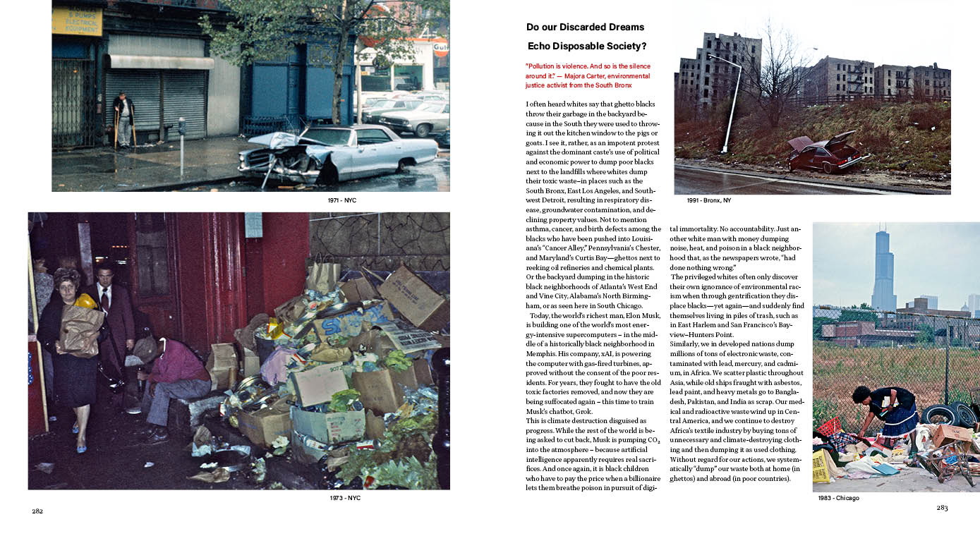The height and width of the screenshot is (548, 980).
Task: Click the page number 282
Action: (37, 511)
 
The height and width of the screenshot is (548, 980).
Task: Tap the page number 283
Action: (943, 508)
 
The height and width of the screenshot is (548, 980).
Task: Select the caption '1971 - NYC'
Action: (342, 200)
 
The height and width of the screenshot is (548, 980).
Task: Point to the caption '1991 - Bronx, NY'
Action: (708, 200)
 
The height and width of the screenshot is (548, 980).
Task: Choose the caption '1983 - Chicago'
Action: (838, 498)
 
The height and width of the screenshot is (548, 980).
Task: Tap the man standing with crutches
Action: (125, 118)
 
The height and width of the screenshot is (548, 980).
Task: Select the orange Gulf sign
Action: (440, 48)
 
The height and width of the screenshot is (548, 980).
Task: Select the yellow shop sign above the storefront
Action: (76, 21)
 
